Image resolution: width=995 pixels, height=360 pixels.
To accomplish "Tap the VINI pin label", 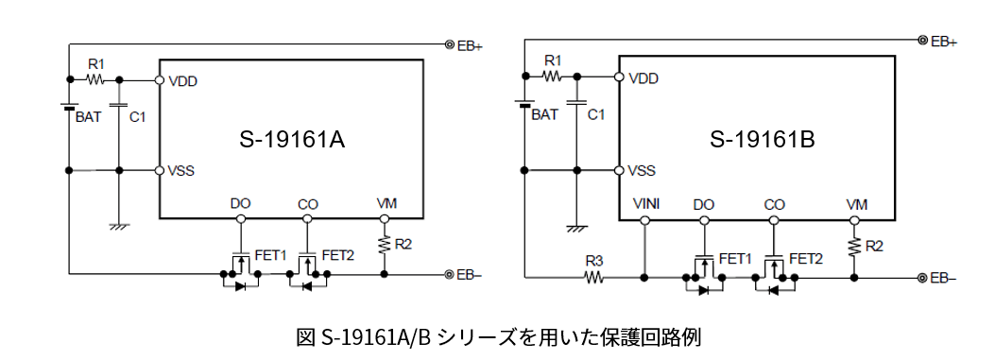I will click(x=645, y=204).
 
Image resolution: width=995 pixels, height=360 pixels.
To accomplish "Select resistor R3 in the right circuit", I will click(x=593, y=278).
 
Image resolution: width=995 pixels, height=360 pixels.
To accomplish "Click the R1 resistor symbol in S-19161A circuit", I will click(x=94, y=80).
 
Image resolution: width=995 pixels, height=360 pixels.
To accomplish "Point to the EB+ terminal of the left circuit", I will click(x=450, y=43).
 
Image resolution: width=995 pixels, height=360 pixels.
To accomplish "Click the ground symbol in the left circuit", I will click(x=119, y=226).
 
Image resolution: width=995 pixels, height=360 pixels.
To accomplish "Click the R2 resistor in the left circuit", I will click(x=385, y=244).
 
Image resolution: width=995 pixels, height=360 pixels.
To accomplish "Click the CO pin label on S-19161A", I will click(x=307, y=204).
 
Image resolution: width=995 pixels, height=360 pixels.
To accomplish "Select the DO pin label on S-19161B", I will click(x=703, y=204).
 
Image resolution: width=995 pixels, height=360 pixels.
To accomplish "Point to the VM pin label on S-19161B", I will click(x=857, y=204).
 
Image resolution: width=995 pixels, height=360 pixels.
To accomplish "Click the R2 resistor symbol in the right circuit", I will click(x=854, y=246).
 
